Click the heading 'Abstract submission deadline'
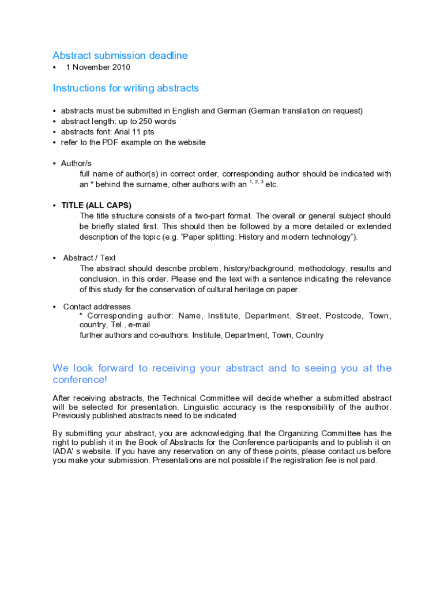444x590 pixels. [x=120, y=55]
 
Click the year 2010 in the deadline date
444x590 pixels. [x=121, y=67]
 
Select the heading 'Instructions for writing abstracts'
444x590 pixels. [x=126, y=88]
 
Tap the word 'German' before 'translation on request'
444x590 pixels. [x=264, y=111]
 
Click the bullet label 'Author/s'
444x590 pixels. [x=76, y=164]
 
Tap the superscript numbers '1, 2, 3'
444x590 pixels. [x=256, y=183]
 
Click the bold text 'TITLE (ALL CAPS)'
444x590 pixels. [x=96, y=206]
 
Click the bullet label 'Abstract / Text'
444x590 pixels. [x=89, y=258]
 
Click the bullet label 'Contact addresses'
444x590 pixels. [x=97, y=307]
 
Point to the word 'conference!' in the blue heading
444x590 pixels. [x=80, y=380]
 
